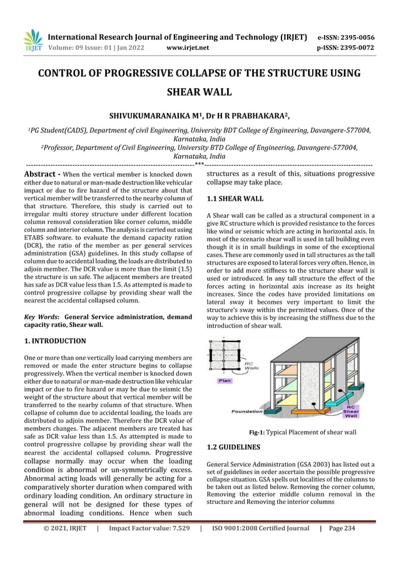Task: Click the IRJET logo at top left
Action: (x=33, y=40)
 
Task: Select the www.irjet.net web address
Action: (x=188, y=47)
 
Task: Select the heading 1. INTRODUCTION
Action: (x=55, y=341)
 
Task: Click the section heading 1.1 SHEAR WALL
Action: (x=235, y=199)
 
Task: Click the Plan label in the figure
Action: (x=226, y=380)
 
